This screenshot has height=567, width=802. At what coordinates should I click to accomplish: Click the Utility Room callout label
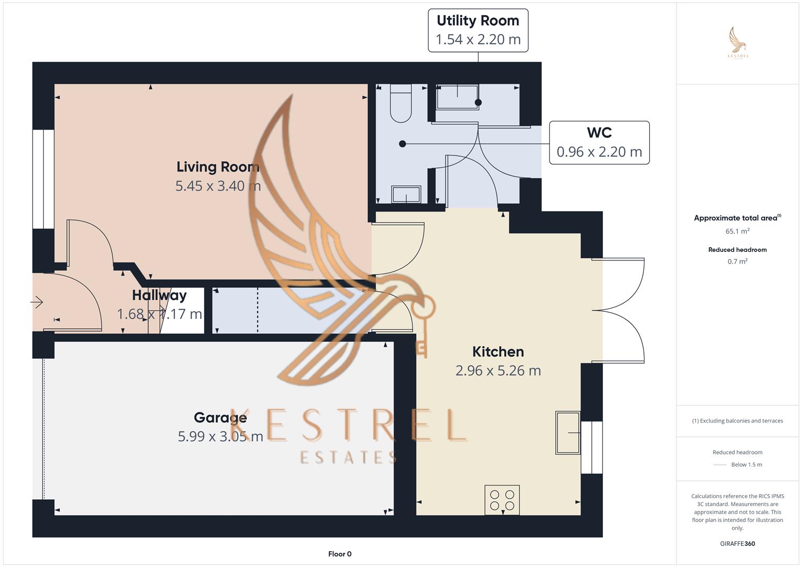[x=478, y=30]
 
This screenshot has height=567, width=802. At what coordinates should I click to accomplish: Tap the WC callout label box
[x=599, y=143]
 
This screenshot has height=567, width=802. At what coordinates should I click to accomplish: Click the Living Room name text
[x=218, y=167]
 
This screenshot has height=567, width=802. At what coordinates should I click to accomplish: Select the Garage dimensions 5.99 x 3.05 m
[x=221, y=436]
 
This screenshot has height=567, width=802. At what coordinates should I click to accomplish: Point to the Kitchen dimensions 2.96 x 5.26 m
[x=498, y=371]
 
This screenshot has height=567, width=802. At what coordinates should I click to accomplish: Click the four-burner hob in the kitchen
[x=502, y=500]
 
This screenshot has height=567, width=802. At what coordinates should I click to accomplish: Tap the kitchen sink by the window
[x=568, y=433]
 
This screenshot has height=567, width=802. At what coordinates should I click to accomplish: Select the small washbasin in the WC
[x=406, y=194]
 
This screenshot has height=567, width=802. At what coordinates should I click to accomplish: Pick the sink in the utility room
[x=457, y=97]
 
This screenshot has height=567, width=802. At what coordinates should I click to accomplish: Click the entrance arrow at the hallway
[x=37, y=302]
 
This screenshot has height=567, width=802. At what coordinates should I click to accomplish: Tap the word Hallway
[x=159, y=295]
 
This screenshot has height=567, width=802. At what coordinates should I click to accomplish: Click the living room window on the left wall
[x=43, y=179]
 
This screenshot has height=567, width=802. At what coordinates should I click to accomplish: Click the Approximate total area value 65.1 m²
[x=737, y=231]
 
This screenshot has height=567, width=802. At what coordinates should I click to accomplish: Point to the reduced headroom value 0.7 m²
[x=737, y=261]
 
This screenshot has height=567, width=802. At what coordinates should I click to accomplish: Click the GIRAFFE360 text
[x=737, y=544]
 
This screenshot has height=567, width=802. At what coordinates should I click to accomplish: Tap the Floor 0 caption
[x=340, y=554]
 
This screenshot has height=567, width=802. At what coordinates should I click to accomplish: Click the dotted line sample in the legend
[x=720, y=465]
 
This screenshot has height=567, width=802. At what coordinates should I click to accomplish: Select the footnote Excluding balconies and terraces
[x=737, y=421]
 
